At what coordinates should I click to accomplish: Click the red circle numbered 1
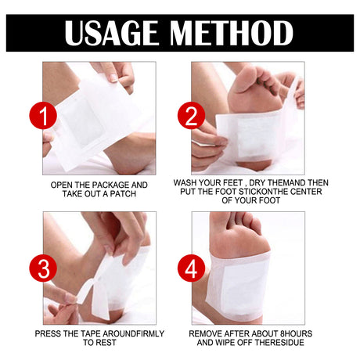(x=43, y=115)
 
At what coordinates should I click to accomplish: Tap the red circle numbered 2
(x=191, y=115)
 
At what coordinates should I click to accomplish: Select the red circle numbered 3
(x=43, y=268)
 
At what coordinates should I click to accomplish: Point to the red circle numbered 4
(x=191, y=268)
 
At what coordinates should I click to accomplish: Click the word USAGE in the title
(x=111, y=33)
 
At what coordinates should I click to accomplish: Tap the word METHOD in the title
(x=232, y=33)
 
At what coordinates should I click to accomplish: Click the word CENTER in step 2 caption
(x=306, y=192)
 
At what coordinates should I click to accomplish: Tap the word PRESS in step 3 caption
(x=45, y=333)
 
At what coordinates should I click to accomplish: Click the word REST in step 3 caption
(x=107, y=343)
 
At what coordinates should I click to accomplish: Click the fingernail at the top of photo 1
(x=113, y=77)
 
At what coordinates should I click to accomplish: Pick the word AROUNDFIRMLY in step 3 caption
(x=133, y=333)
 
